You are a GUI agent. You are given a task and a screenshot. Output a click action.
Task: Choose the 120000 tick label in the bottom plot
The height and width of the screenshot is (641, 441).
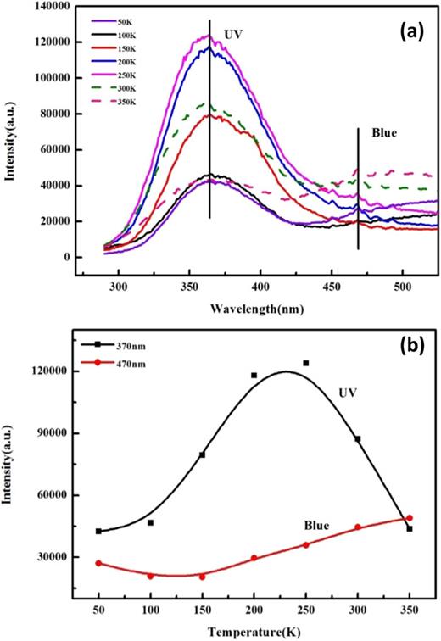[x=52, y=371]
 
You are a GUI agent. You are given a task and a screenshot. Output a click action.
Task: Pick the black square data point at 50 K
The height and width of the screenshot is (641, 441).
[x=99, y=532]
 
